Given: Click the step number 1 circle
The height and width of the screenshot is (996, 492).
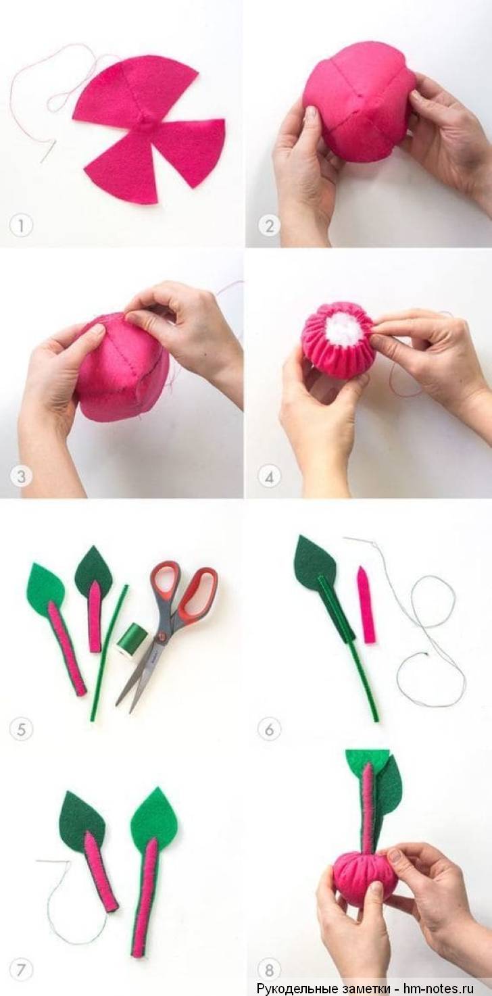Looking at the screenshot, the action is coord(21,226).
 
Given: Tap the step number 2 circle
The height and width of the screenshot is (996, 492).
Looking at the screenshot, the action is coord(269,226).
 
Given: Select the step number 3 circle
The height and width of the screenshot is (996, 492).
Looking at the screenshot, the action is coord(21,477).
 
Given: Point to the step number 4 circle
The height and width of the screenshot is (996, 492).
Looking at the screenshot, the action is coord(269,477).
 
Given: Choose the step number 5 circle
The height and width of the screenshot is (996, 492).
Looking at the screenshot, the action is coord(21,729).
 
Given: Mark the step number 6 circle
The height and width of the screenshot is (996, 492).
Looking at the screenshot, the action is coord(269,729).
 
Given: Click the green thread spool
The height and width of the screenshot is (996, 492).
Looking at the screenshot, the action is coord(128,641).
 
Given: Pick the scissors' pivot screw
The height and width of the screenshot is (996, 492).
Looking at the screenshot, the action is coord(163,638).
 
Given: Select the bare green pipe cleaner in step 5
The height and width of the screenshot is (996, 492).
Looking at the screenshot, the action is coord(108,652).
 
